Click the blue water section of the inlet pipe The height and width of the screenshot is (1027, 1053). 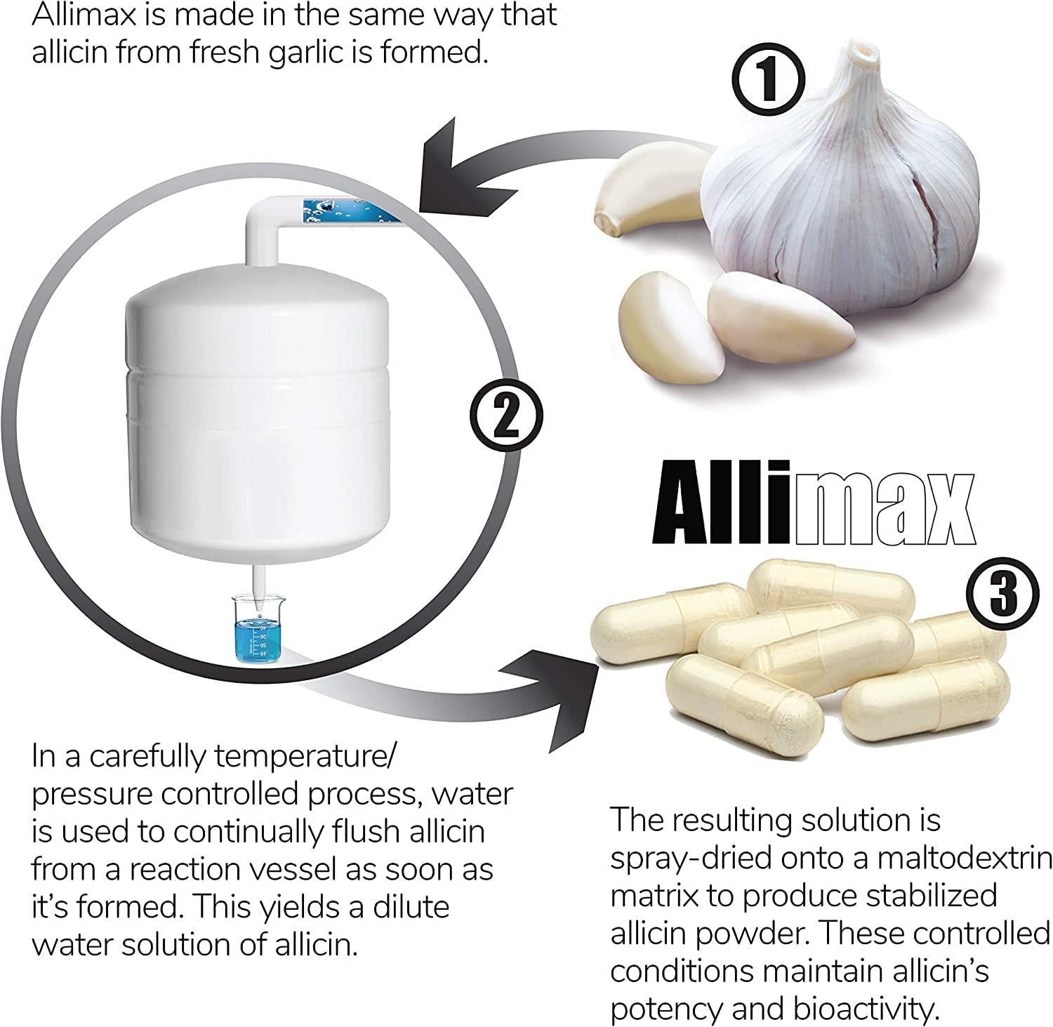click(x=350, y=210)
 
